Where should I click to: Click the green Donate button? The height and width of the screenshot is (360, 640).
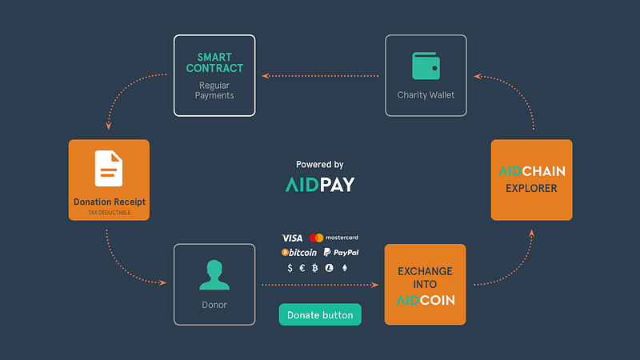[320, 314]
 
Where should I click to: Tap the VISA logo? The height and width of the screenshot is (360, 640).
[292, 238]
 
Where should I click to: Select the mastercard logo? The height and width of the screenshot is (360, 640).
[334, 238]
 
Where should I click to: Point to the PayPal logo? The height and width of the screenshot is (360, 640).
[342, 253]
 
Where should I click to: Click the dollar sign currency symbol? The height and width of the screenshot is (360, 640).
[290, 268]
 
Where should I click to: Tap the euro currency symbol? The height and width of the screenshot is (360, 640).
[302, 268]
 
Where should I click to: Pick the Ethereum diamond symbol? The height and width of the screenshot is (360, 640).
[345, 268]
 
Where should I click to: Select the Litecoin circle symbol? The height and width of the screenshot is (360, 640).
[329, 268]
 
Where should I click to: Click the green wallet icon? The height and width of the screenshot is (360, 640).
[426, 66]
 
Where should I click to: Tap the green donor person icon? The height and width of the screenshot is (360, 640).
[214, 274]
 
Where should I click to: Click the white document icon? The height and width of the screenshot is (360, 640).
[109, 168]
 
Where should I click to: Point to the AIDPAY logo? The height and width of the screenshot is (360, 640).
[320, 185]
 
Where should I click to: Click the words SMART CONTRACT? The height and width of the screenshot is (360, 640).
[214, 62]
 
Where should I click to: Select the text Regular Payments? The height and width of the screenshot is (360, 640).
[214, 90]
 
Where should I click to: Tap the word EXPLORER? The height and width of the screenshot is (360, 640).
[531, 188]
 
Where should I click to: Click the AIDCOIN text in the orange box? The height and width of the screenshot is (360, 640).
[426, 300]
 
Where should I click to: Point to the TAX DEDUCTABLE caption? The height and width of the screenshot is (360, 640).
[110, 212]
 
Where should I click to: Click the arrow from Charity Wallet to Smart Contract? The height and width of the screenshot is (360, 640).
[321, 76]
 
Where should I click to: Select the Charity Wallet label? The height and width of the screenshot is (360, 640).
[426, 94]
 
